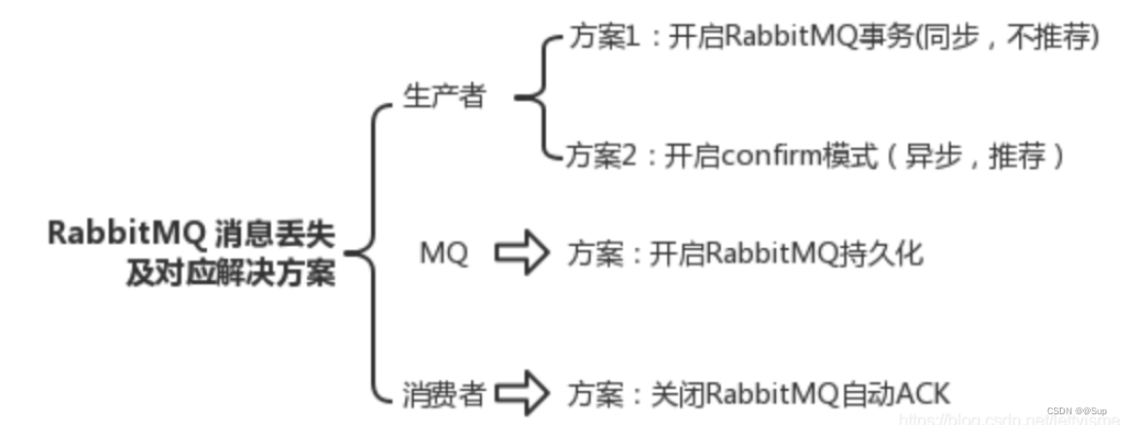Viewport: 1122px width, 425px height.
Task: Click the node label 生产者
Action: (x=444, y=97)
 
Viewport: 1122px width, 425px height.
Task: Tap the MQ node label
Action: (x=443, y=255)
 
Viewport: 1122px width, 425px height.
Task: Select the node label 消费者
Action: (x=444, y=394)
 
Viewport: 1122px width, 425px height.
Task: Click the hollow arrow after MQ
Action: (x=522, y=254)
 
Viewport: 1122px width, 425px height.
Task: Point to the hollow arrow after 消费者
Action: (x=522, y=394)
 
